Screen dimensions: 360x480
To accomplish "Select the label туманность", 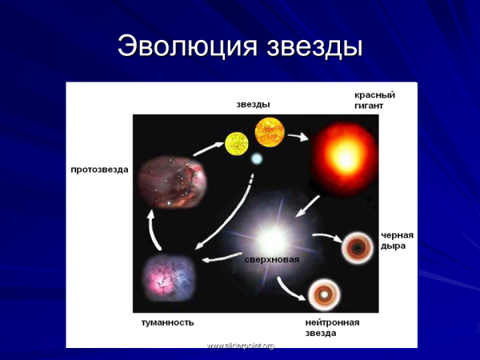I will tap(168, 322).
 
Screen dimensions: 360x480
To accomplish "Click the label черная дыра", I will tap(397, 240).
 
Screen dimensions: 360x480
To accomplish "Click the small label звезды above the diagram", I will tap(253, 104).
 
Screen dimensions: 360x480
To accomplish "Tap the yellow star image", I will tap(237, 144).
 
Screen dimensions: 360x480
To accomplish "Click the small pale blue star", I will tap(256, 159).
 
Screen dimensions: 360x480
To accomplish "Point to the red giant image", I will tap(343, 155).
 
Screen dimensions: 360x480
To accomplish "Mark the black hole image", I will tap(356, 249).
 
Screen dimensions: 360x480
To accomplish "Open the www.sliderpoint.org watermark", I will tap(240, 346).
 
